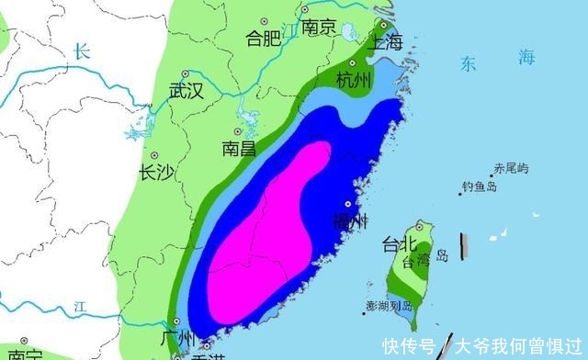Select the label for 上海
tap(384, 41)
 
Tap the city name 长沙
tap(154, 172)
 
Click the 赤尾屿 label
tap(511, 168)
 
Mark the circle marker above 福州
tap(348, 204)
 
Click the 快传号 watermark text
tap(410, 346)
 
